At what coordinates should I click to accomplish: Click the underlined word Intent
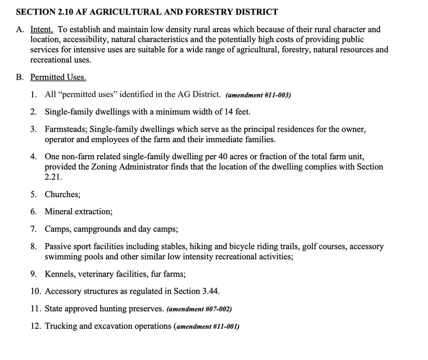click(42, 30)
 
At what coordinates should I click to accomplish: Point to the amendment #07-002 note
click(199, 309)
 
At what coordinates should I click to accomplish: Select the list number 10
click(35, 291)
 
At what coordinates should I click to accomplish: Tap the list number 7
click(33, 229)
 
